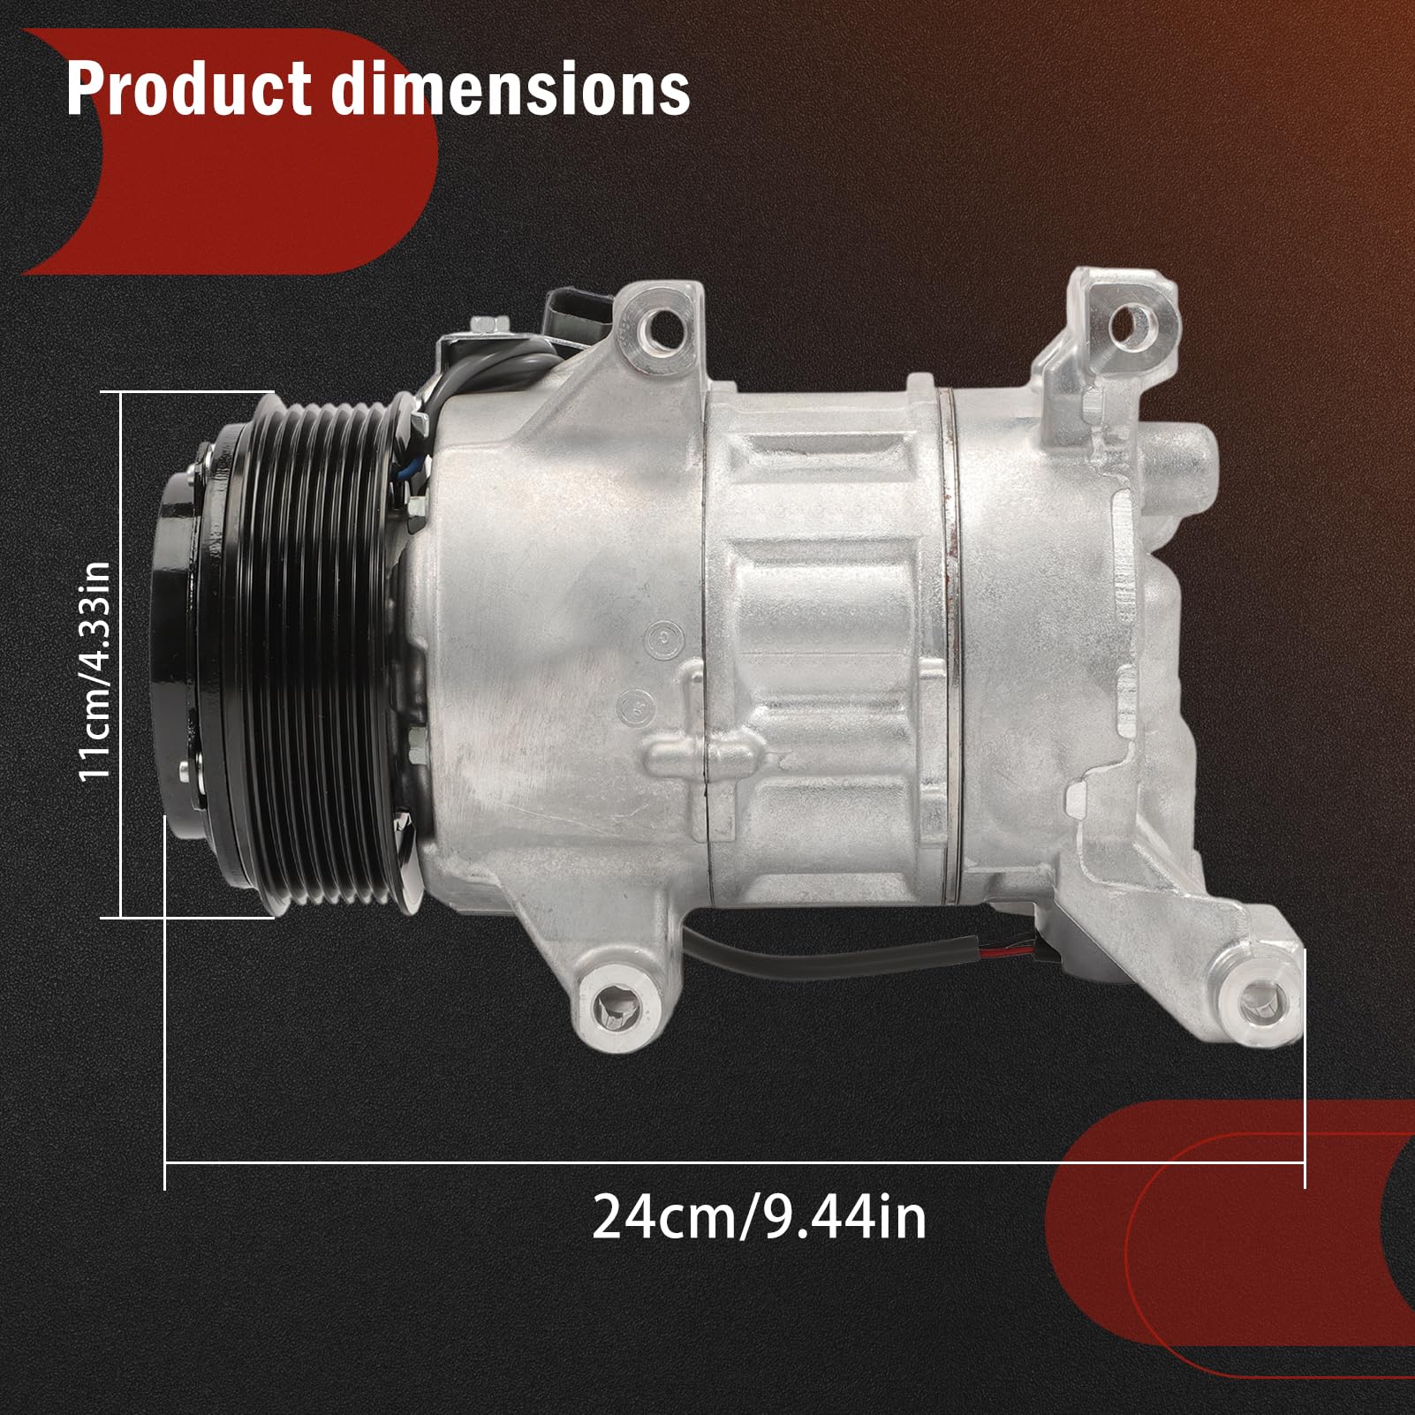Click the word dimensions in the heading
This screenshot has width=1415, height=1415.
[x=512, y=88]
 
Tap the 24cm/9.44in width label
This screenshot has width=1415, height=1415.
[x=759, y=1218]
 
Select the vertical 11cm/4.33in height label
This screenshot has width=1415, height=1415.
[x=95, y=671]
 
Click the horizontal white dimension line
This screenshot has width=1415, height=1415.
[x=733, y=1163]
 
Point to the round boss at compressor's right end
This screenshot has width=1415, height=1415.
[x=1192, y=459]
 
